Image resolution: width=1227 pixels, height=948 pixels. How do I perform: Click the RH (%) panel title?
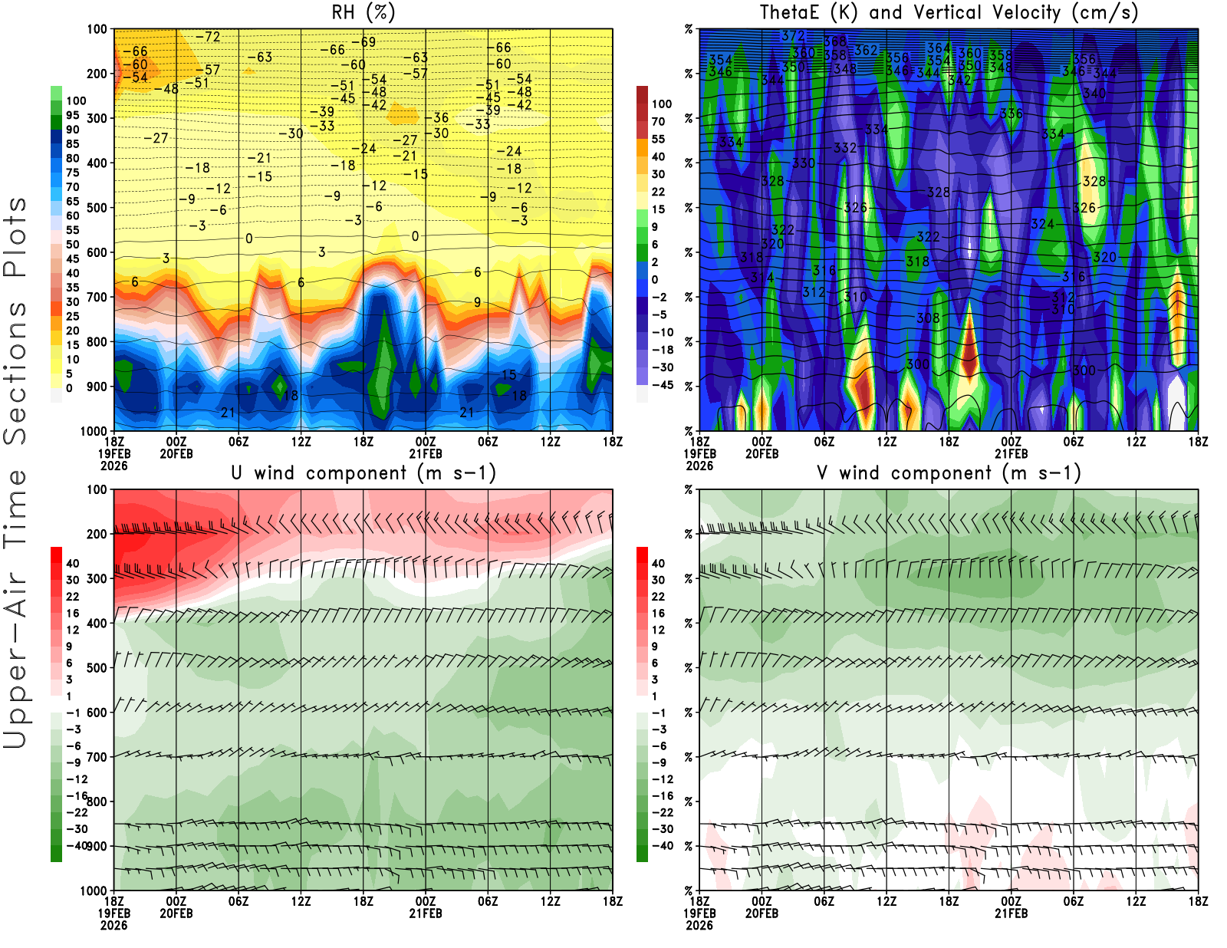[363, 13]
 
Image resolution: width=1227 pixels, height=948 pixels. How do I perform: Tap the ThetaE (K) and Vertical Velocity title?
[949, 13]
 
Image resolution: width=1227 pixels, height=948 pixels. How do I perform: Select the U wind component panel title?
[363, 473]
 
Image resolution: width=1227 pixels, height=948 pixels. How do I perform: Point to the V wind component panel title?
[949, 473]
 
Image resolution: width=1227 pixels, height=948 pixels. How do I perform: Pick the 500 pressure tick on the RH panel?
[97, 208]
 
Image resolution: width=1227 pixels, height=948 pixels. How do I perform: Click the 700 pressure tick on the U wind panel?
[97, 757]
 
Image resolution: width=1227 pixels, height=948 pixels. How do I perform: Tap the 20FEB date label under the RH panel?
[176, 453]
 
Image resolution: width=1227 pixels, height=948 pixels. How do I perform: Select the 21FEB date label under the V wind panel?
[1011, 913]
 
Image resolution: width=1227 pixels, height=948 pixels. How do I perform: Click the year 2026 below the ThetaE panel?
[699, 466]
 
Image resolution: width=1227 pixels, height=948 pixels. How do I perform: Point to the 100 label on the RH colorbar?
[76, 101]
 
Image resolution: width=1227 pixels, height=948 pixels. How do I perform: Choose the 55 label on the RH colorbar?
[73, 230]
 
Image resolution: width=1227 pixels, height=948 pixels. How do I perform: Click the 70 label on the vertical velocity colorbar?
[658, 121]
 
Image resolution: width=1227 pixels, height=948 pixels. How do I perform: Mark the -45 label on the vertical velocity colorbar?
[662, 385]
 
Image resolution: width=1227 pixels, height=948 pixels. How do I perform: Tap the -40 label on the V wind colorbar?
[662, 846]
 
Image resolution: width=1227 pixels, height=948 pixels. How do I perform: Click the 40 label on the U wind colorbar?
[73, 564]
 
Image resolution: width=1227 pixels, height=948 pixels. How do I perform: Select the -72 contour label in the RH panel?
[208, 37]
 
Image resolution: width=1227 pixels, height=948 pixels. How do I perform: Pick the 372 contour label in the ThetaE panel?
[793, 36]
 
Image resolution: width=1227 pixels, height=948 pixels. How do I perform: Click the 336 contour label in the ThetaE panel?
[1011, 114]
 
